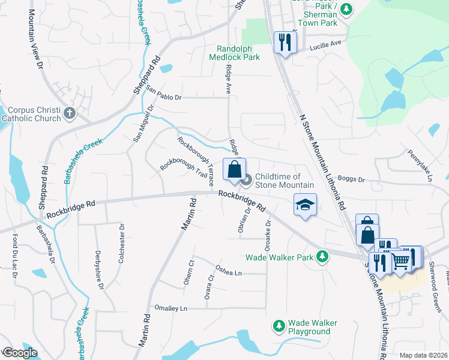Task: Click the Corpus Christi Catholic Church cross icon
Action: click(x=70, y=113)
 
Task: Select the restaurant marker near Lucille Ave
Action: click(x=285, y=42)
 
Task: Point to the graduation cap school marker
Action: click(x=305, y=205)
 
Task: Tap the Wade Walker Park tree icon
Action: click(x=323, y=257)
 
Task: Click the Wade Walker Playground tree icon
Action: click(x=279, y=326)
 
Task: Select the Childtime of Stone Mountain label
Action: click(x=285, y=181)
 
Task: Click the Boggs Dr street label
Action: click(x=351, y=179)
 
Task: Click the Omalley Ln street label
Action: click(x=171, y=308)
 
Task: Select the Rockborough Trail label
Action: click(x=183, y=171)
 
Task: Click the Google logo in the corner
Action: click(x=20, y=353)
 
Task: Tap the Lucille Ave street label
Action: click(x=325, y=43)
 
